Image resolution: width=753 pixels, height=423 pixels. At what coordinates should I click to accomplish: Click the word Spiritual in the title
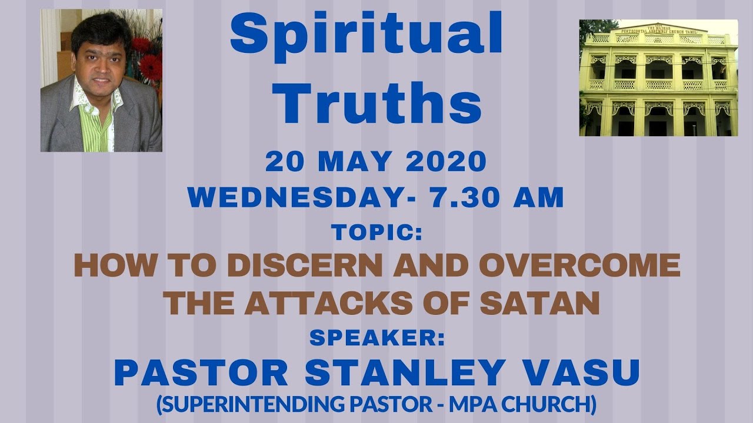point(366,35)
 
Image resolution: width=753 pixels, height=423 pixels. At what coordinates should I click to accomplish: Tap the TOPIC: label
point(376,233)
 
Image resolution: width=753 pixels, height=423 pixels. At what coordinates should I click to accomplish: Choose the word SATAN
point(539,304)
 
